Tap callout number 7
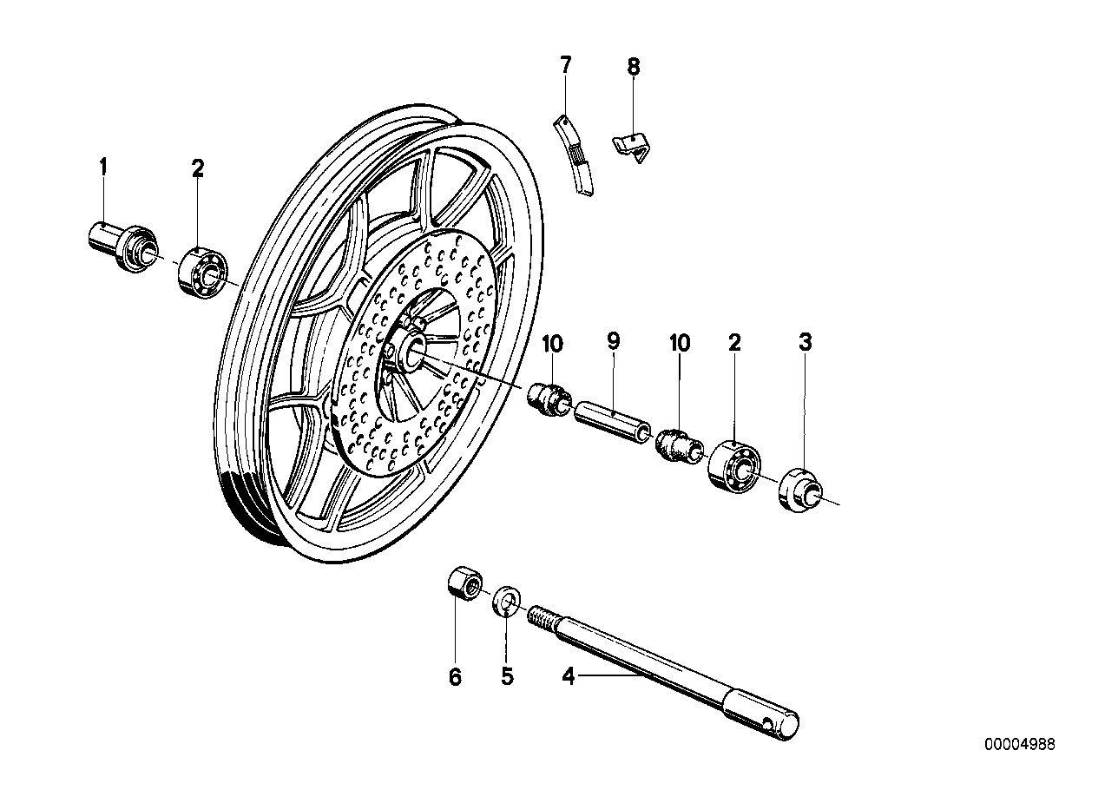(565, 64)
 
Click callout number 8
(633, 65)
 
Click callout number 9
(613, 342)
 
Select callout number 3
(805, 343)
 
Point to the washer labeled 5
(506, 600)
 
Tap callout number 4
(568, 676)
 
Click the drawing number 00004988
(1020, 744)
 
